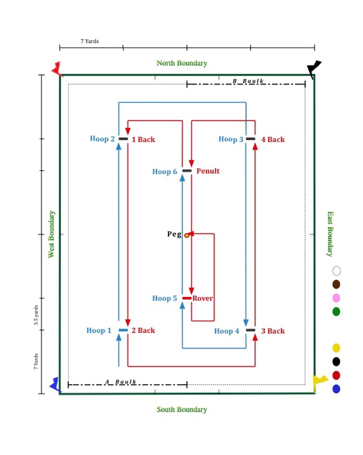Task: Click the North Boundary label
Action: [x=182, y=63]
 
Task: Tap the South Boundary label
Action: [x=182, y=409]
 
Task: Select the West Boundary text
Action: [x=51, y=234]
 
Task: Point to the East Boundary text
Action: [x=330, y=234]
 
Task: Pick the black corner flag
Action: [x=314, y=68]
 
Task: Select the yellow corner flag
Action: [x=320, y=381]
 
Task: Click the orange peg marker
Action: [x=187, y=235]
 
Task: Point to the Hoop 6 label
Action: [x=164, y=171]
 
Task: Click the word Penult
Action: [x=208, y=171]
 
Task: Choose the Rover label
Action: [x=202, y=299]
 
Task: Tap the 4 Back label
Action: [x=273, y=139]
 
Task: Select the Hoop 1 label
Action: [x=99, y=331]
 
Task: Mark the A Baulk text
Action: [x=120, y=382]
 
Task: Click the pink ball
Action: [x=336, y=298]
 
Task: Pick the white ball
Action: [x=336, y=271]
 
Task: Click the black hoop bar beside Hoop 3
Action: [x=251, y=139]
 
